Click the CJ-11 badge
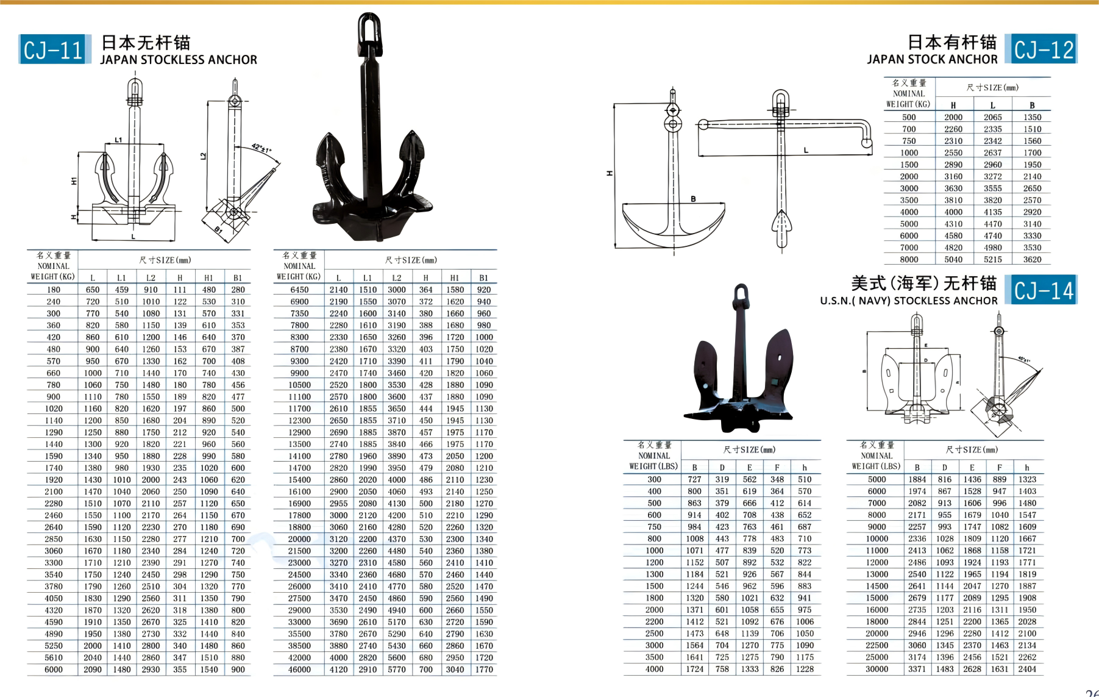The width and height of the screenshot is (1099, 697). [x=54, y=49]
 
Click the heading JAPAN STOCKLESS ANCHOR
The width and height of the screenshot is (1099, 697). [x=179, y=60]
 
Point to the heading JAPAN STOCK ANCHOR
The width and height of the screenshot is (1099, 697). [x=932, y=60]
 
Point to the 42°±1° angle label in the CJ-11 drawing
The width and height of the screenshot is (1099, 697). [x=261, y=148]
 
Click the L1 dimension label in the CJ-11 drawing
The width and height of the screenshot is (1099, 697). [x=118, y=140]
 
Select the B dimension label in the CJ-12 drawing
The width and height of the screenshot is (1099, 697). [x=693, y=199]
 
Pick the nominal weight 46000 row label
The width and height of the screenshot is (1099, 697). [x=299, y=670]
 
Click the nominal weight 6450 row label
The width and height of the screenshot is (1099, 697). [x=299, y=290]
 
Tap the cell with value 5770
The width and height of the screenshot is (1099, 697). [x=396, y=670]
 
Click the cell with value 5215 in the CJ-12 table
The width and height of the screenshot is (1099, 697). [x=992, y=259]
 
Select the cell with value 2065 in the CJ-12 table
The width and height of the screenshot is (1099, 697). [x=992, y=117]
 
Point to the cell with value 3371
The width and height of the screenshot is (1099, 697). [x=917, y=669]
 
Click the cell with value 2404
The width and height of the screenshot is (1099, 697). [x=1026, y=669]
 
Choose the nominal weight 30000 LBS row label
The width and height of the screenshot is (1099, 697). [x=877, y=669]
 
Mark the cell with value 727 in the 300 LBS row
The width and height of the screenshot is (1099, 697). [x=694, y=479]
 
